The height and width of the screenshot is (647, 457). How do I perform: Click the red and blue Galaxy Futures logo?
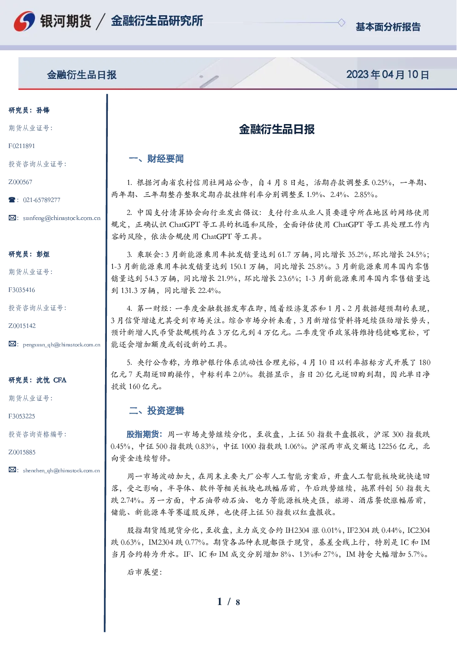[24, 21]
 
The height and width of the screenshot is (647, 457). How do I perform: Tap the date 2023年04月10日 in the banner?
[387, 75]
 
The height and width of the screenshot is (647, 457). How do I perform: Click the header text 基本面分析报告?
[388, 27]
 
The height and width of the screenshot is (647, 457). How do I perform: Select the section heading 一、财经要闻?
[156, 159]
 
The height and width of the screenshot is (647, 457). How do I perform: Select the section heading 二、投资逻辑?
[156, 410]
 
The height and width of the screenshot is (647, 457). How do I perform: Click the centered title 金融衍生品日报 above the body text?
[277, 129]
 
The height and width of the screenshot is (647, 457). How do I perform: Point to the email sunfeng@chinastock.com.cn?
[62, 218]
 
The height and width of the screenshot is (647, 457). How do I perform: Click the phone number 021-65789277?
[41, 200]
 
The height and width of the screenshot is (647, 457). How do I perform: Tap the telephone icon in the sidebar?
[12, 200]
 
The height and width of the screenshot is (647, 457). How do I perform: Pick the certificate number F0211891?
[22, 146]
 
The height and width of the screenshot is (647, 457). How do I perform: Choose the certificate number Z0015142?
[22, 326]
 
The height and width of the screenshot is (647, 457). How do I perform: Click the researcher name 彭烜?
[43, 254]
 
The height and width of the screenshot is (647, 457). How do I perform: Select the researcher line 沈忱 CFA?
[37, 380]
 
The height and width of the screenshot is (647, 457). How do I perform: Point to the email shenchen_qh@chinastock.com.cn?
[61, 470]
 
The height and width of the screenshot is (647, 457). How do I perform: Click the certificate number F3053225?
[22, 416]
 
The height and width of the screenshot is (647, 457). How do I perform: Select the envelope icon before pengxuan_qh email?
[12, 344]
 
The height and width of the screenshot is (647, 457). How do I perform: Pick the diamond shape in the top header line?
[341, 23]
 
